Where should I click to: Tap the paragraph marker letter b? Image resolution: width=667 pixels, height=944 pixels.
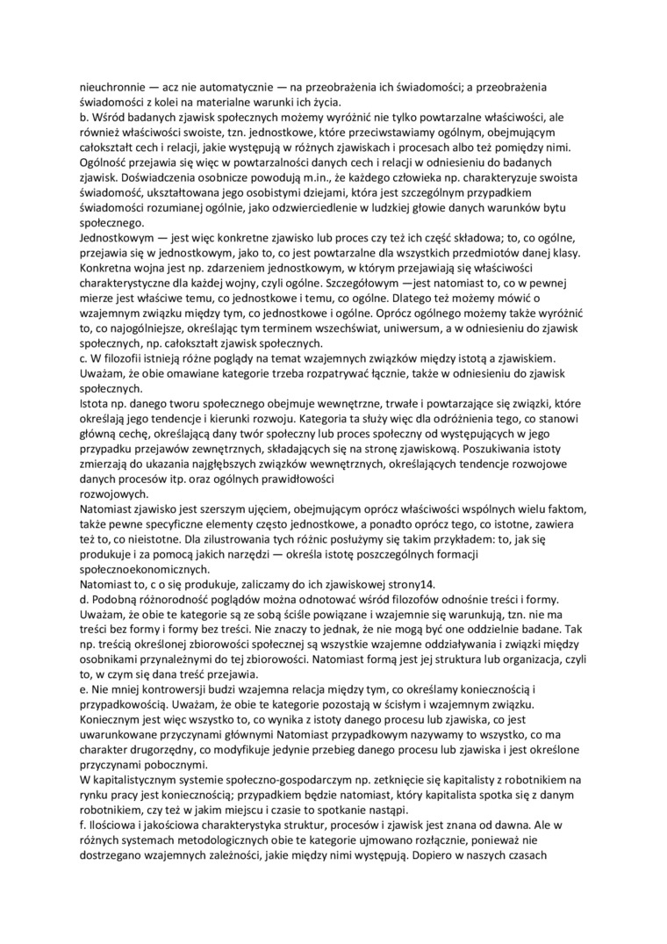83,118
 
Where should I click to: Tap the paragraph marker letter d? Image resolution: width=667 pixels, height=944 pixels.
83,603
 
